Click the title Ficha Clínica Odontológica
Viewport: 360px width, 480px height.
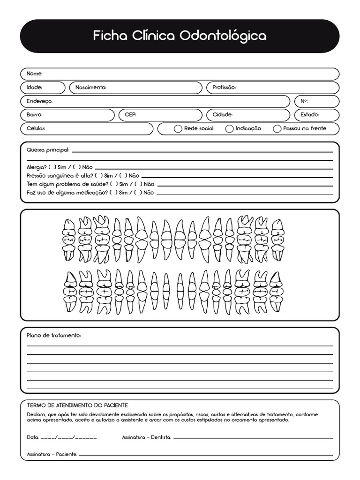click(x=180, y=36)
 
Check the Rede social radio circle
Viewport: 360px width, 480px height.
click(x=178, y=129)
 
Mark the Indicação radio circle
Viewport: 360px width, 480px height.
click(x=229, y=129)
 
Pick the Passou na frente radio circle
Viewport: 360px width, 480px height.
click(x=277, y=129)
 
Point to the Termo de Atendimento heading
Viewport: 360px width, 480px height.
click(x=77, y=405)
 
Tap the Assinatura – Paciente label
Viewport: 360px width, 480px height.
click(x=52, y=455)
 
